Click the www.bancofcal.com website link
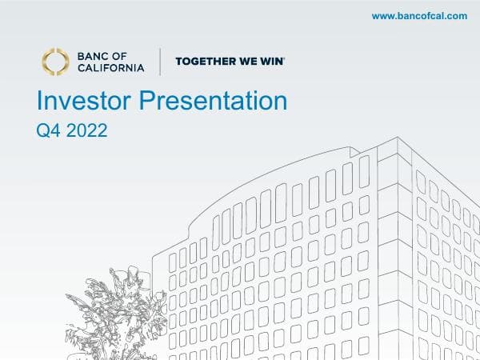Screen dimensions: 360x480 [419, 16]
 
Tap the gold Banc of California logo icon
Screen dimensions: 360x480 [56, 62]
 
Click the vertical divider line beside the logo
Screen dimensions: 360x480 [160, 62]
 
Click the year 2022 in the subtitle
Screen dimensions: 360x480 [86, 130]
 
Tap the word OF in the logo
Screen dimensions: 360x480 [130, 56]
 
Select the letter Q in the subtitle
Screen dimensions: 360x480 [43, 130]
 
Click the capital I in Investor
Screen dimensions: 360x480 [40, 101]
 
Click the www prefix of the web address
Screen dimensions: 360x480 [382, 16]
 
